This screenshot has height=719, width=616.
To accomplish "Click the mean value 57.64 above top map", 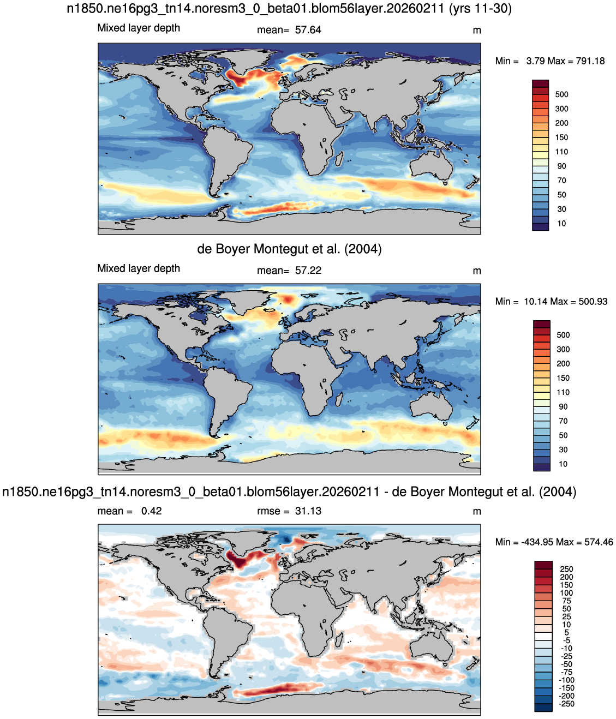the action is pos(308,30).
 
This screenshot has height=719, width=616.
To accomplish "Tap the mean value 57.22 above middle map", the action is pos(308,270).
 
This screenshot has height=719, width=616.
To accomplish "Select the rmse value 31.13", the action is pos(308,511).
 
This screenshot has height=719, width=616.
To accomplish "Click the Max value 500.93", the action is pos(593,301).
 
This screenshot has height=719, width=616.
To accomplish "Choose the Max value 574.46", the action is pos(599,542).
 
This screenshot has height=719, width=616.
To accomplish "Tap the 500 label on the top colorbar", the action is pos(561,94).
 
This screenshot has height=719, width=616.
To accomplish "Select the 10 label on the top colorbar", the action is pos(561,223).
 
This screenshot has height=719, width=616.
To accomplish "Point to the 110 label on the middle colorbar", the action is pos(563,392).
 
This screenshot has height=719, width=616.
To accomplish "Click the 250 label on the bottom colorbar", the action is pos(566,569).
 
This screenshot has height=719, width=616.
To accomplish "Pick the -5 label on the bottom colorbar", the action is pos(566,640).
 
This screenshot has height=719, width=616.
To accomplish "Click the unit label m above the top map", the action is pos(477,31).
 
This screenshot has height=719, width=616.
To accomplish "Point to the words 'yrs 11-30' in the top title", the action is pos(480,8).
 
